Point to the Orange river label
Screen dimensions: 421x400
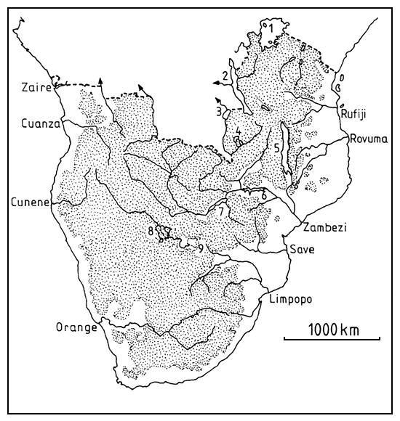click(x=76, y=327)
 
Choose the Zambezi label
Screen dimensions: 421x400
click(x=326, y=227)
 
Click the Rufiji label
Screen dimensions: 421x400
click(x=357, y=112)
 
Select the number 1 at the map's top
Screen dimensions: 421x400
click(x=270, y=28)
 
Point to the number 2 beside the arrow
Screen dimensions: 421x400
click(x=226, y=75)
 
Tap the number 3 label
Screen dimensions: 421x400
click(x=218, y=111)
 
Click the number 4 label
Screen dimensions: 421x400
click(x=238, y=131)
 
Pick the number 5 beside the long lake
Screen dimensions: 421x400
click(x=276, y=149)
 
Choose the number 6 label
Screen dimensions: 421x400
click(x=264, y=196)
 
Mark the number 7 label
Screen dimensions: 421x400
click(x=220, y=210)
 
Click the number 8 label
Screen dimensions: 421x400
click(x=151, y=232)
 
